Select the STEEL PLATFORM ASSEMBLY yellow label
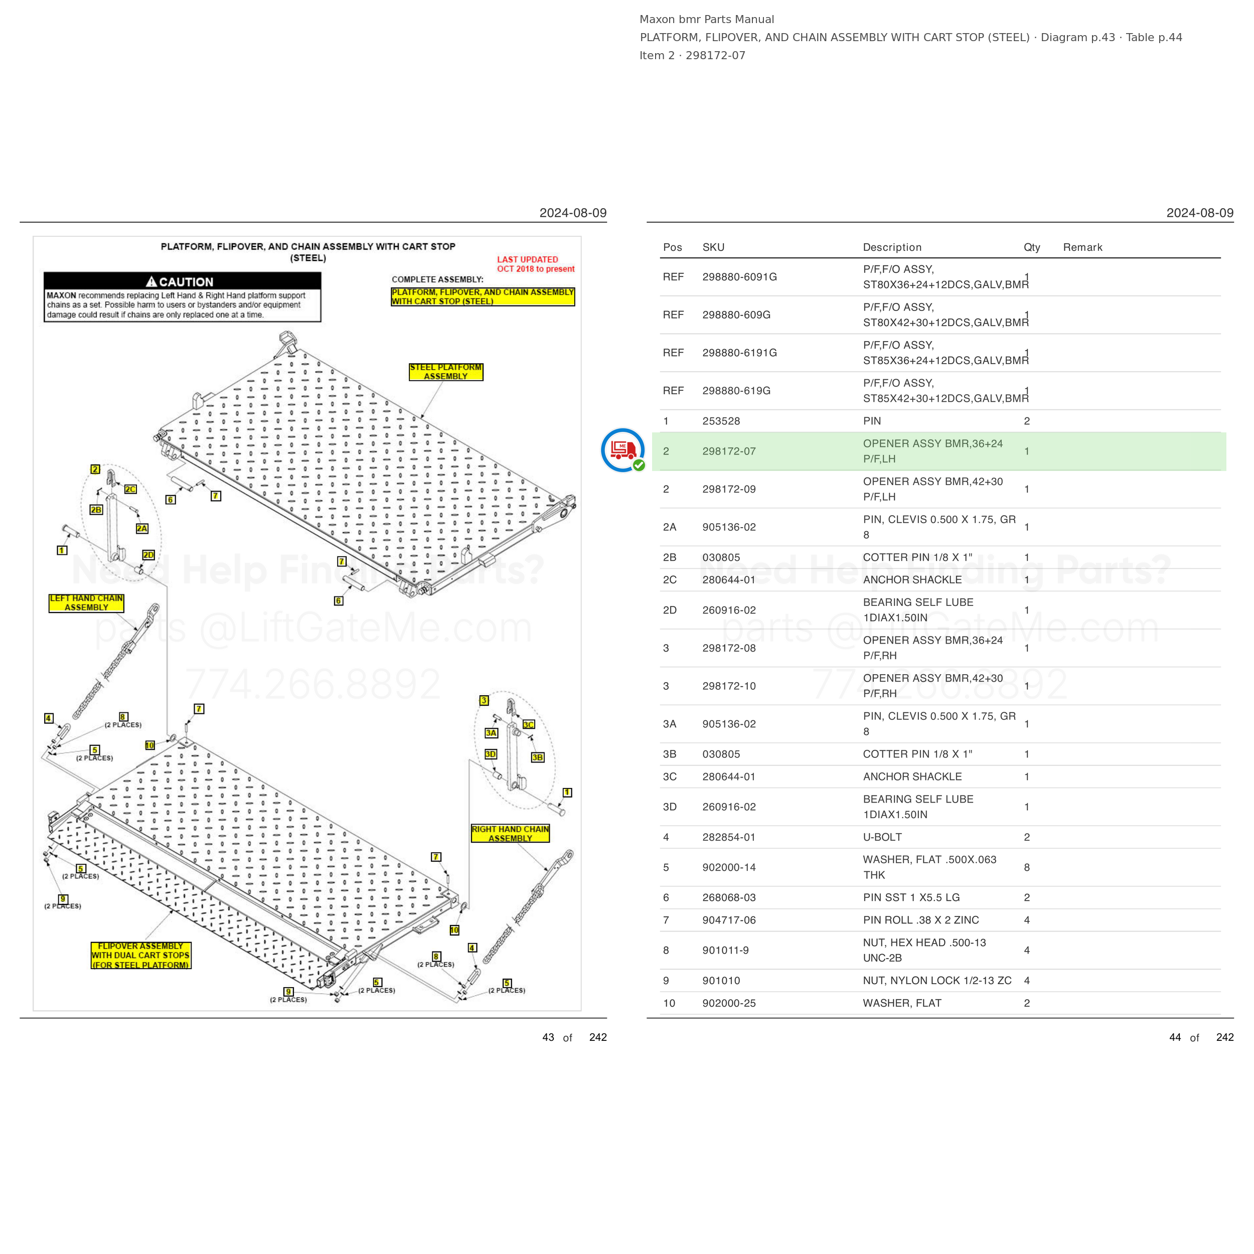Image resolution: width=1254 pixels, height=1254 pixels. (446, 372)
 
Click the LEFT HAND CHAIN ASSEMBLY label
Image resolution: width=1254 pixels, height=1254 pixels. (86, 603)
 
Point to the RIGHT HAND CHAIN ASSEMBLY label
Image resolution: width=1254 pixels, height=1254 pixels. (510, 833)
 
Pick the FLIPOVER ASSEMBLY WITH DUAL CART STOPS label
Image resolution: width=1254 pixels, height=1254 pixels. (141, 956)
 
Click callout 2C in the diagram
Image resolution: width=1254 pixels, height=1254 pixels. (130, 490)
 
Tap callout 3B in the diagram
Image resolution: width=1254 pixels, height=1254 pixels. (537, 757)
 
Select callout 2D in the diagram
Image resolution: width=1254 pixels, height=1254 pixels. (148, 555)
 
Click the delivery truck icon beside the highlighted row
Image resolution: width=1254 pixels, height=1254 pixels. (622, 450)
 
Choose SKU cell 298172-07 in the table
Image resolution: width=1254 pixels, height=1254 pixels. (729, 451)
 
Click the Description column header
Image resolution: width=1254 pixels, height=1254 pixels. (892, 247)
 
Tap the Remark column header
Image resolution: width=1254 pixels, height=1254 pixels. (1082, 247)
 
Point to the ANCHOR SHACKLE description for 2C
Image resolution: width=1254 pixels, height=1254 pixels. (912, 580)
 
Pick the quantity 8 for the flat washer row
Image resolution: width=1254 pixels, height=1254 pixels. (1027, 867)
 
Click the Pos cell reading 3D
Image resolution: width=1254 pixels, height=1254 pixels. (670, 807)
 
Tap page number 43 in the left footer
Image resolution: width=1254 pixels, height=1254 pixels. (548, 1037)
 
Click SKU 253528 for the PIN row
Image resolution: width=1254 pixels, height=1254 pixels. (721, 421)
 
